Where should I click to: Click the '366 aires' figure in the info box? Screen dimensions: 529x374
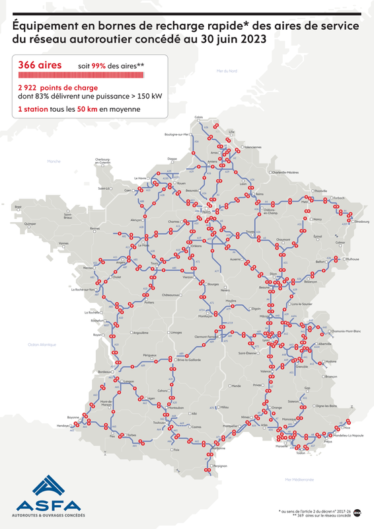41,65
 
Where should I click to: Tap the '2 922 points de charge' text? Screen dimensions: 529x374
59,87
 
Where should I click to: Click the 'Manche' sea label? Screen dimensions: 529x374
53,161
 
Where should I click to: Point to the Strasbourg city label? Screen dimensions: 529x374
361,222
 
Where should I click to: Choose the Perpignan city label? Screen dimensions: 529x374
219,466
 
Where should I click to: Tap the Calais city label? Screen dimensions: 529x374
198,117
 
